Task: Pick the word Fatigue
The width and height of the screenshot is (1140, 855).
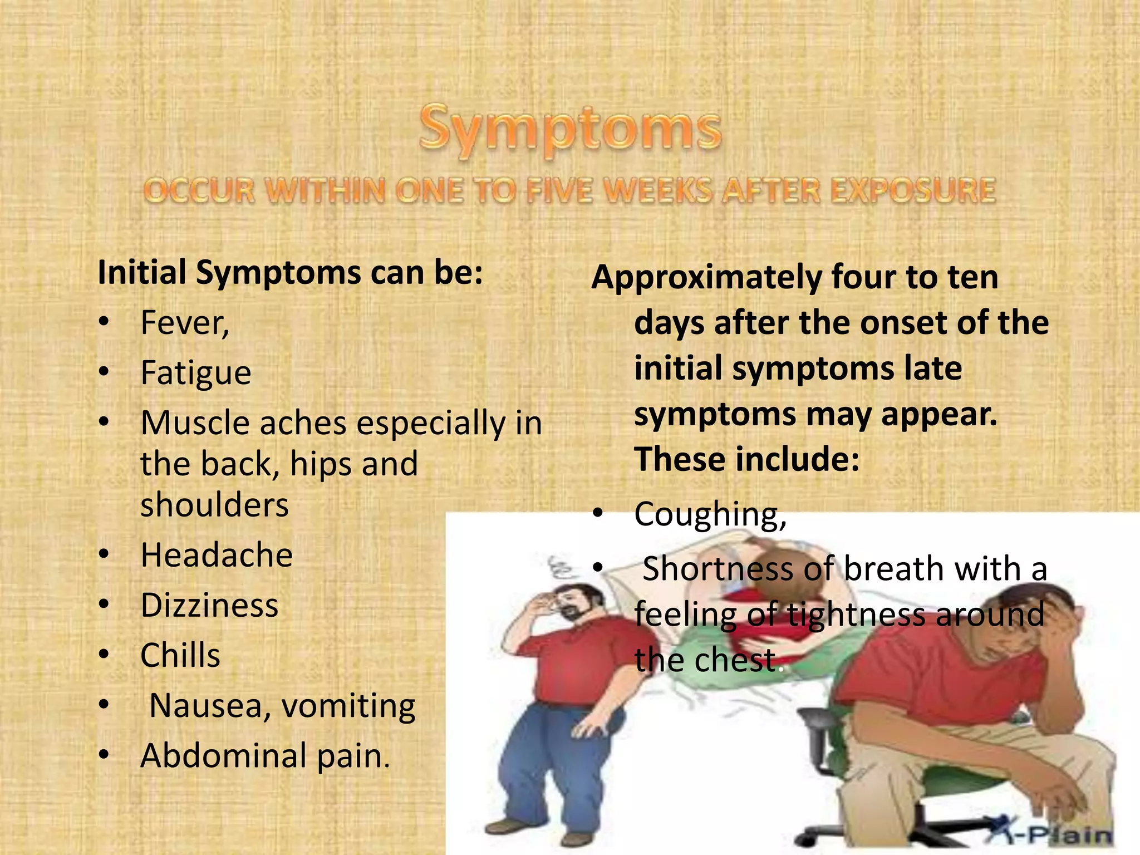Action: click(196, 373)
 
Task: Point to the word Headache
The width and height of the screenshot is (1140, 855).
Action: click(217, 556)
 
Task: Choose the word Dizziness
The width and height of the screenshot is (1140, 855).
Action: click(209, 606)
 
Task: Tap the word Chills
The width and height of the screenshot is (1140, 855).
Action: click(180, 656)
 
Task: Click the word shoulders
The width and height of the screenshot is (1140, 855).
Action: click(214, 505)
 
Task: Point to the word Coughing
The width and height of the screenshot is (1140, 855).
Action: click(710, 514)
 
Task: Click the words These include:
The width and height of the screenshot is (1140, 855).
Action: click(747, 460)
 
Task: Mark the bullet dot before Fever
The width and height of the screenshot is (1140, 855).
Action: click(104, 323)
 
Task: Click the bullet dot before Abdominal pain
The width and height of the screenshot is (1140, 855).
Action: click(104, 755)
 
